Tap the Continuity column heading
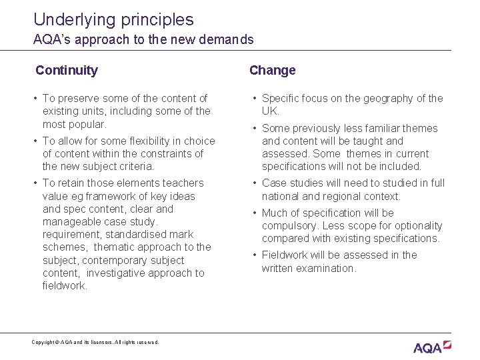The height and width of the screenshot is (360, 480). point(67,70)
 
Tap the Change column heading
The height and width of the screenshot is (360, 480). point(272,70)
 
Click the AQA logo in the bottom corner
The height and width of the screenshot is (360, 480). point(432,347)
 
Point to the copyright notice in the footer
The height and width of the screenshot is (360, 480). point(95,342)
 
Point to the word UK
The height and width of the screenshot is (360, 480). point(270,111)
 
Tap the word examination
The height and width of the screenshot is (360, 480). point(326,268)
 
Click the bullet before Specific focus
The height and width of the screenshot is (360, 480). point(255,99)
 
